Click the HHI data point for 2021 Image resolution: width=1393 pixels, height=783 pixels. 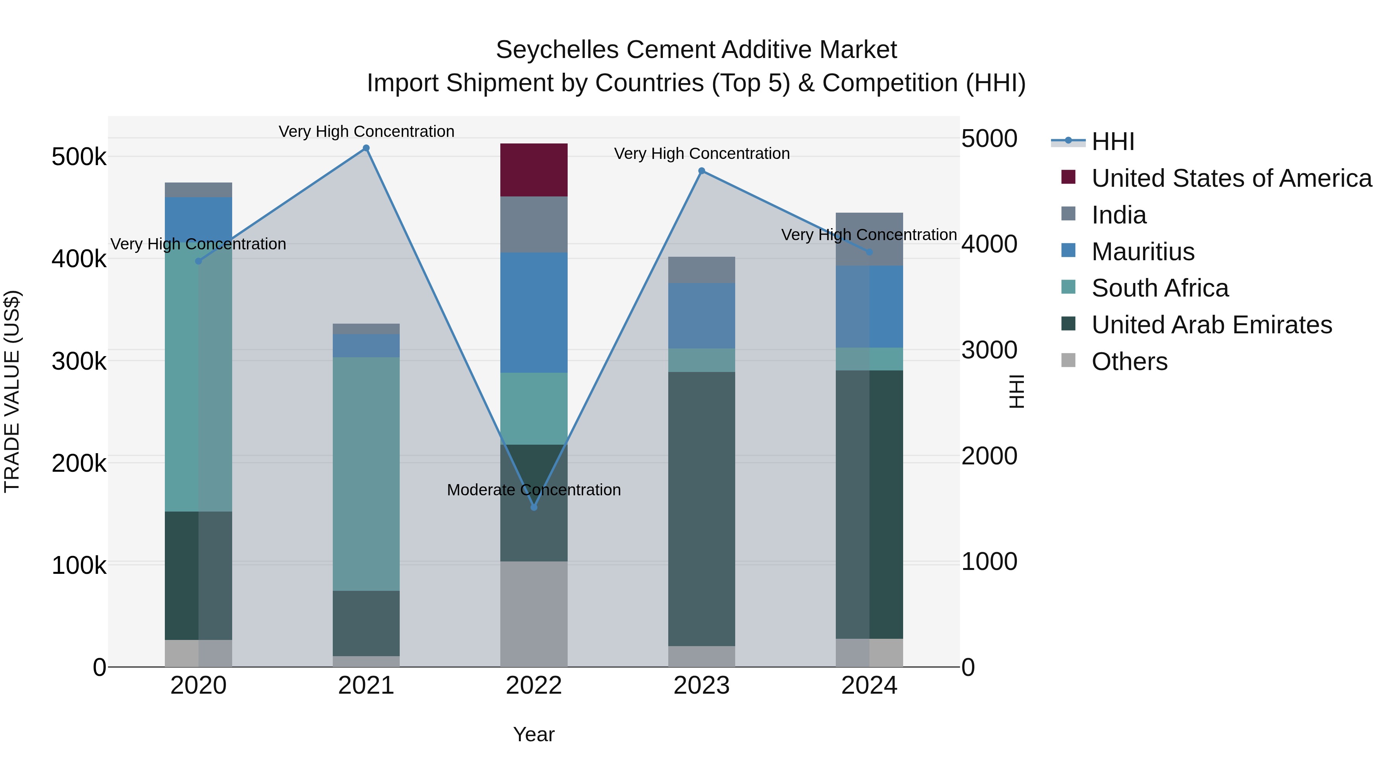366,148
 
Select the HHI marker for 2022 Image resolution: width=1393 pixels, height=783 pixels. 534,507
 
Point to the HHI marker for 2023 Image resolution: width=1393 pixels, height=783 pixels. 702,171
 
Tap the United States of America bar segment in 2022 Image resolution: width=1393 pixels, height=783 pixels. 534,170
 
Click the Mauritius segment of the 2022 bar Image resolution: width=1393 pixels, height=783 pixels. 534,312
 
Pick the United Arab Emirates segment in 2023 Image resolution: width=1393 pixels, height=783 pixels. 702,508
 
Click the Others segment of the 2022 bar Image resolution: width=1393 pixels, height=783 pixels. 534,614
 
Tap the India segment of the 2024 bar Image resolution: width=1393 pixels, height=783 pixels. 869,239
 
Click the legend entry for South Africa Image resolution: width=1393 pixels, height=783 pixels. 1160,288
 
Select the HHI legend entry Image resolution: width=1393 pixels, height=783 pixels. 1113,142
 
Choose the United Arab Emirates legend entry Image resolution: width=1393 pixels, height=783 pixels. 1211,325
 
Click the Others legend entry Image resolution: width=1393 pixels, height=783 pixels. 1129,362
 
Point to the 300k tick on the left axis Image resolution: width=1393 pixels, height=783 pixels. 79,361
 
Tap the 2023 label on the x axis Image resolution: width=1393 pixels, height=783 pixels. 702,686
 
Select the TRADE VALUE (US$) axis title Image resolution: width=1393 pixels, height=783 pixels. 12,391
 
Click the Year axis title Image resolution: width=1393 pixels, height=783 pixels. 534,734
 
